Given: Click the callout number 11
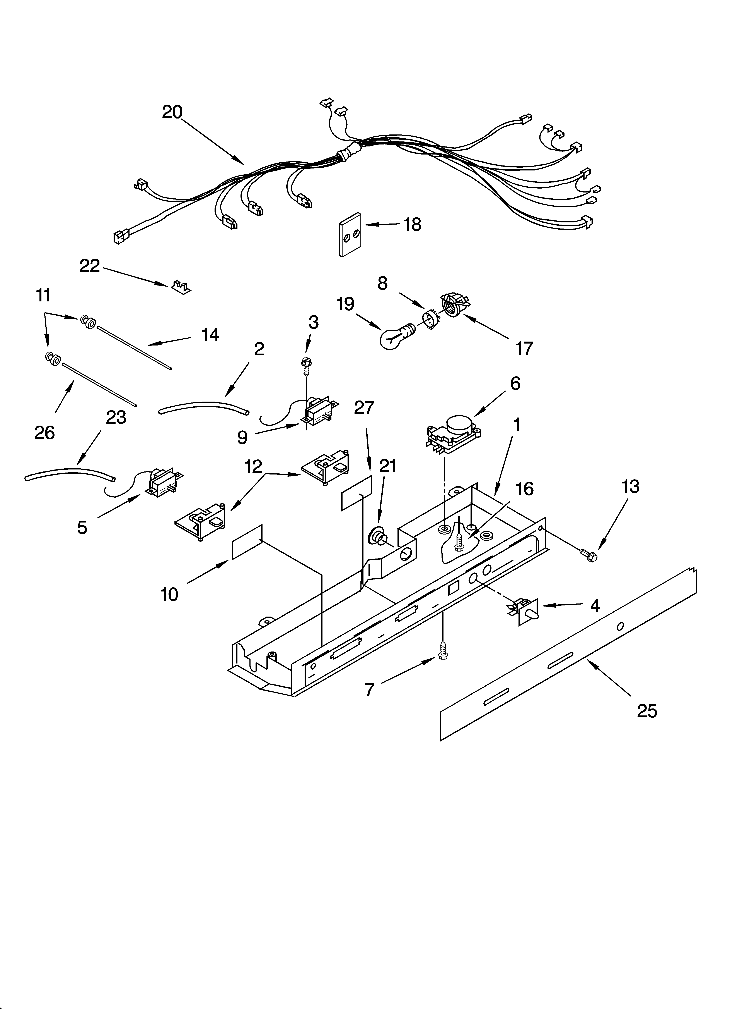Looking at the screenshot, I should [x=43, y=295].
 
